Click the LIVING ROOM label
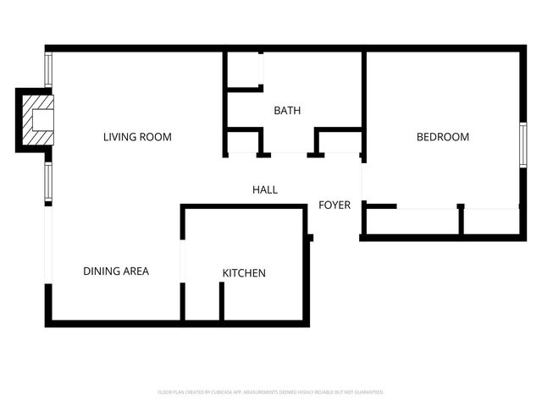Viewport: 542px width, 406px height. (137, 137)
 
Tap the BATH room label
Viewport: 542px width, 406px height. (287, 111)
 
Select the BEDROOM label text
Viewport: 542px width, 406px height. (442, 137)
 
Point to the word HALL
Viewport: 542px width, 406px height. (265, 189)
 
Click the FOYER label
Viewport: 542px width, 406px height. (335, 205)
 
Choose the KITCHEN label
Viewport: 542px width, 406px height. (244, 273)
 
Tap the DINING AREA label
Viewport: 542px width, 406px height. (116, 272)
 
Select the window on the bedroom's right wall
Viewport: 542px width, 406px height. (523, 149)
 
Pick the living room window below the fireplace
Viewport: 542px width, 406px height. (48, 183)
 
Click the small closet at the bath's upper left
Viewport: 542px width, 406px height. (244, 69)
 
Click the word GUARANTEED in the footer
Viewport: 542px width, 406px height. (367, 392)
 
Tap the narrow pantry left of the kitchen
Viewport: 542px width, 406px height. (202, 300)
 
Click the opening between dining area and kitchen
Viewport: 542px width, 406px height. (182, 262)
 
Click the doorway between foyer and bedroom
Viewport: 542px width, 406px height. (362, 179)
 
